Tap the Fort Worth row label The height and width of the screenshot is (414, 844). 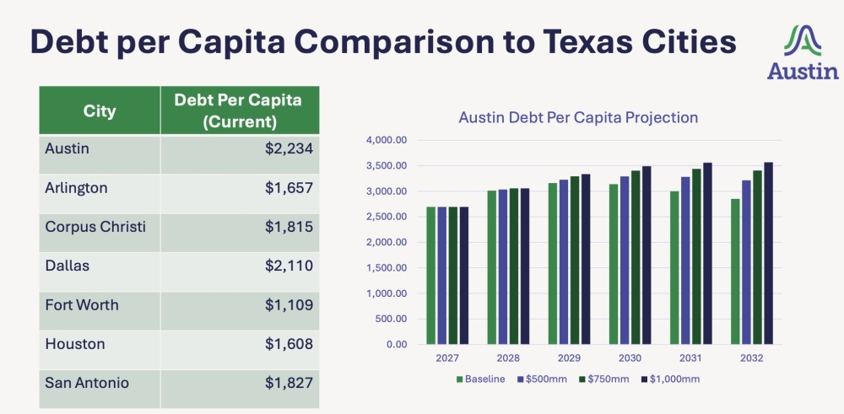tap(82, 305)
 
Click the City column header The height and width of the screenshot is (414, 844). tap(100, 110)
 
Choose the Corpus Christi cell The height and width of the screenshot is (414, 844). tap(95, 227)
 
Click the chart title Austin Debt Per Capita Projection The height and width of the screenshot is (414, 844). tap(578, 118)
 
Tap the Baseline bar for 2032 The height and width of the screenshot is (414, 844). tap(735, 272)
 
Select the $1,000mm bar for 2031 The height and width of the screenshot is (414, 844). tap(707, 253)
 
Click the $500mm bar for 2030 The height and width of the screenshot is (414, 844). tap(625, 260)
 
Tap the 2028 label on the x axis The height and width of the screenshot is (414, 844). tap(507, 358)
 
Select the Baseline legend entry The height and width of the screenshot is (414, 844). tap(481, 379)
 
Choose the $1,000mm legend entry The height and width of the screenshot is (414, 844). tap(672, 379)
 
